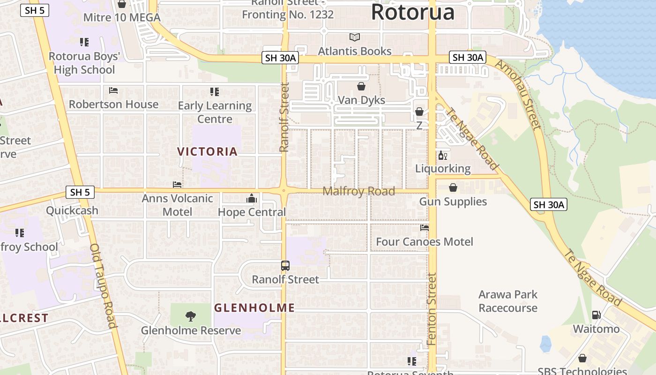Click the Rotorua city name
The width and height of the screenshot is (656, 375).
point(412,12)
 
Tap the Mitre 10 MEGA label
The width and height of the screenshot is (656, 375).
point(122,18)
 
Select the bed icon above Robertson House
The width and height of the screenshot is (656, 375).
point(113,90)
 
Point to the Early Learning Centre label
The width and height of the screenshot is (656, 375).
point(215,112)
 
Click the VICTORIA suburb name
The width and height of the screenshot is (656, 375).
point(208,151)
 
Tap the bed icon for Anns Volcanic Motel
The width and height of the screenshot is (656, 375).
point(177,185)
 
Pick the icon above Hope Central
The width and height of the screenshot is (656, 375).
point(252,199)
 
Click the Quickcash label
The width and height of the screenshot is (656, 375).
point(72,210)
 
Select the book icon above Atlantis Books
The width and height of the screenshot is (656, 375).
point(355,37)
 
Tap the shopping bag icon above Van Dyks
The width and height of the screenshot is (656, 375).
point(361,86)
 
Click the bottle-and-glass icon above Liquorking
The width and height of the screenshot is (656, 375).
point(443,155)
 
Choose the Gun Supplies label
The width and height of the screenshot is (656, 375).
point(453,202)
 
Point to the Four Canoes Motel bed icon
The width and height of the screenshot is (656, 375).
point(425,228)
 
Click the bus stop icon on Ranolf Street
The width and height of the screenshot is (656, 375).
point(285,266)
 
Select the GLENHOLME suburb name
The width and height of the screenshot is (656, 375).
point(254,308)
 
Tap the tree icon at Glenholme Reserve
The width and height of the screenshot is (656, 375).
point(191,316)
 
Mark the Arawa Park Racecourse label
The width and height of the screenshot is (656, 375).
point(508,301)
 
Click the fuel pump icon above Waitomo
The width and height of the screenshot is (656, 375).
point(596,315)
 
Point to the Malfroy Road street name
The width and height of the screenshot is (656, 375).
point(359,191)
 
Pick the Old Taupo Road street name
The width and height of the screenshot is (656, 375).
point(103,286)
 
